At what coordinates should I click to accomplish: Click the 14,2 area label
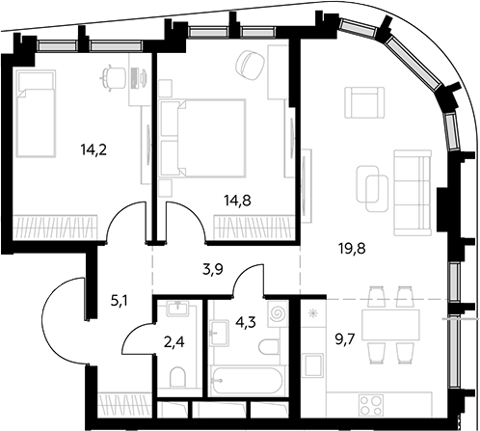tap(93, 150)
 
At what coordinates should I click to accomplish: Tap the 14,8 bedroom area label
tap(238, 201)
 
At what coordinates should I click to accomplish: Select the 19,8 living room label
tap(353, 249)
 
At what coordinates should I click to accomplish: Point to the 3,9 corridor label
tap(213, 269)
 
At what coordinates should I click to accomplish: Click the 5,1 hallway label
tap(120, 302)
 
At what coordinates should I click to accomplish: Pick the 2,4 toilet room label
tap(173, 342)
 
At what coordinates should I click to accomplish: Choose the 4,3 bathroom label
tap(246, 322)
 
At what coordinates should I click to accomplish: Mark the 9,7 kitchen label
tap(345, 339)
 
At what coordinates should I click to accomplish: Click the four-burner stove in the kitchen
tap(372, 406)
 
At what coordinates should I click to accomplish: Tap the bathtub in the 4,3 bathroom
tap(247, 380)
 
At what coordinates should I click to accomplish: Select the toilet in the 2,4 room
tap(177, 378)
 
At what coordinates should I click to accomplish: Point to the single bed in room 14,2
tap(36, 114)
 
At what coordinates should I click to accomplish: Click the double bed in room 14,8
tap(202, 138)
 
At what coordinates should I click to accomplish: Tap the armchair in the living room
tap(364, 102)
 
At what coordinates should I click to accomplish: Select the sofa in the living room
tap(413, 193)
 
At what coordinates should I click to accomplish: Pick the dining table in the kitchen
tap(390, 325)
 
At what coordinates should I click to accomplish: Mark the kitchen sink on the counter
tap(314, 365)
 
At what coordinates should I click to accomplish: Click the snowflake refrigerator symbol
tap(311, 313)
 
